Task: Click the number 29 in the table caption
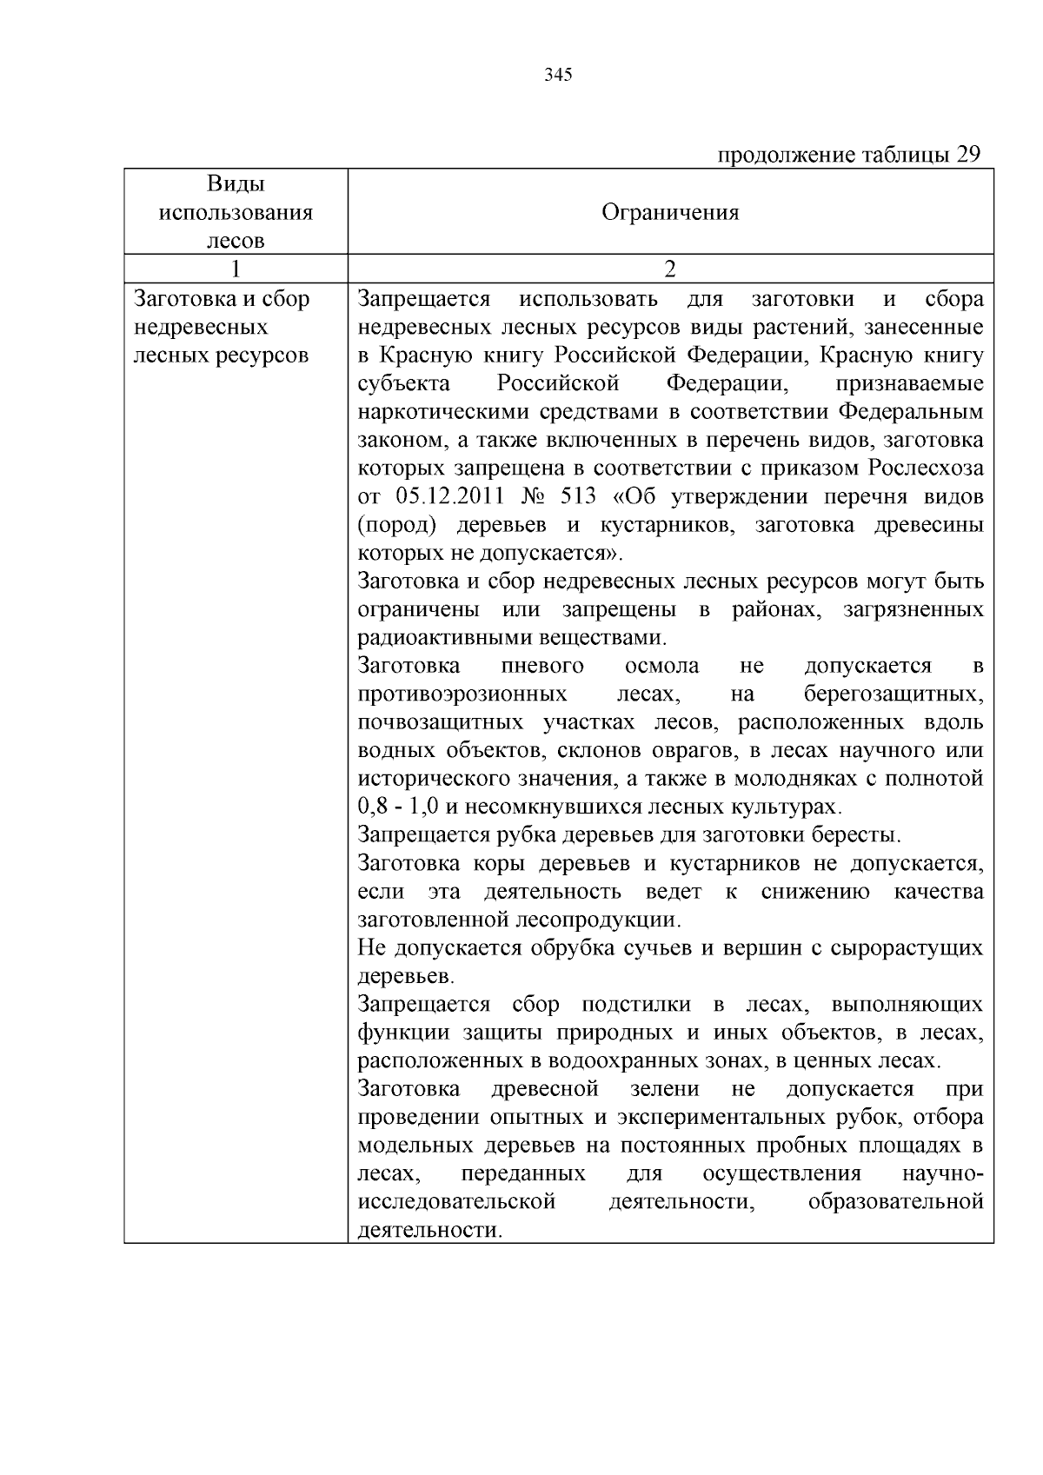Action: [968, 155]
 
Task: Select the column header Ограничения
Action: [670, 212]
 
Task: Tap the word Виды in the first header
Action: [236, 184]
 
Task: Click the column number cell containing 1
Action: [236, 269]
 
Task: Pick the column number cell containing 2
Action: [670, 269]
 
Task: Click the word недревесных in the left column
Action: [200, 328]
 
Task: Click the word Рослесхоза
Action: [927, 468]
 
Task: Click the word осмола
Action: [661, 666]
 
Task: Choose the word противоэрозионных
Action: [462, 694]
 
